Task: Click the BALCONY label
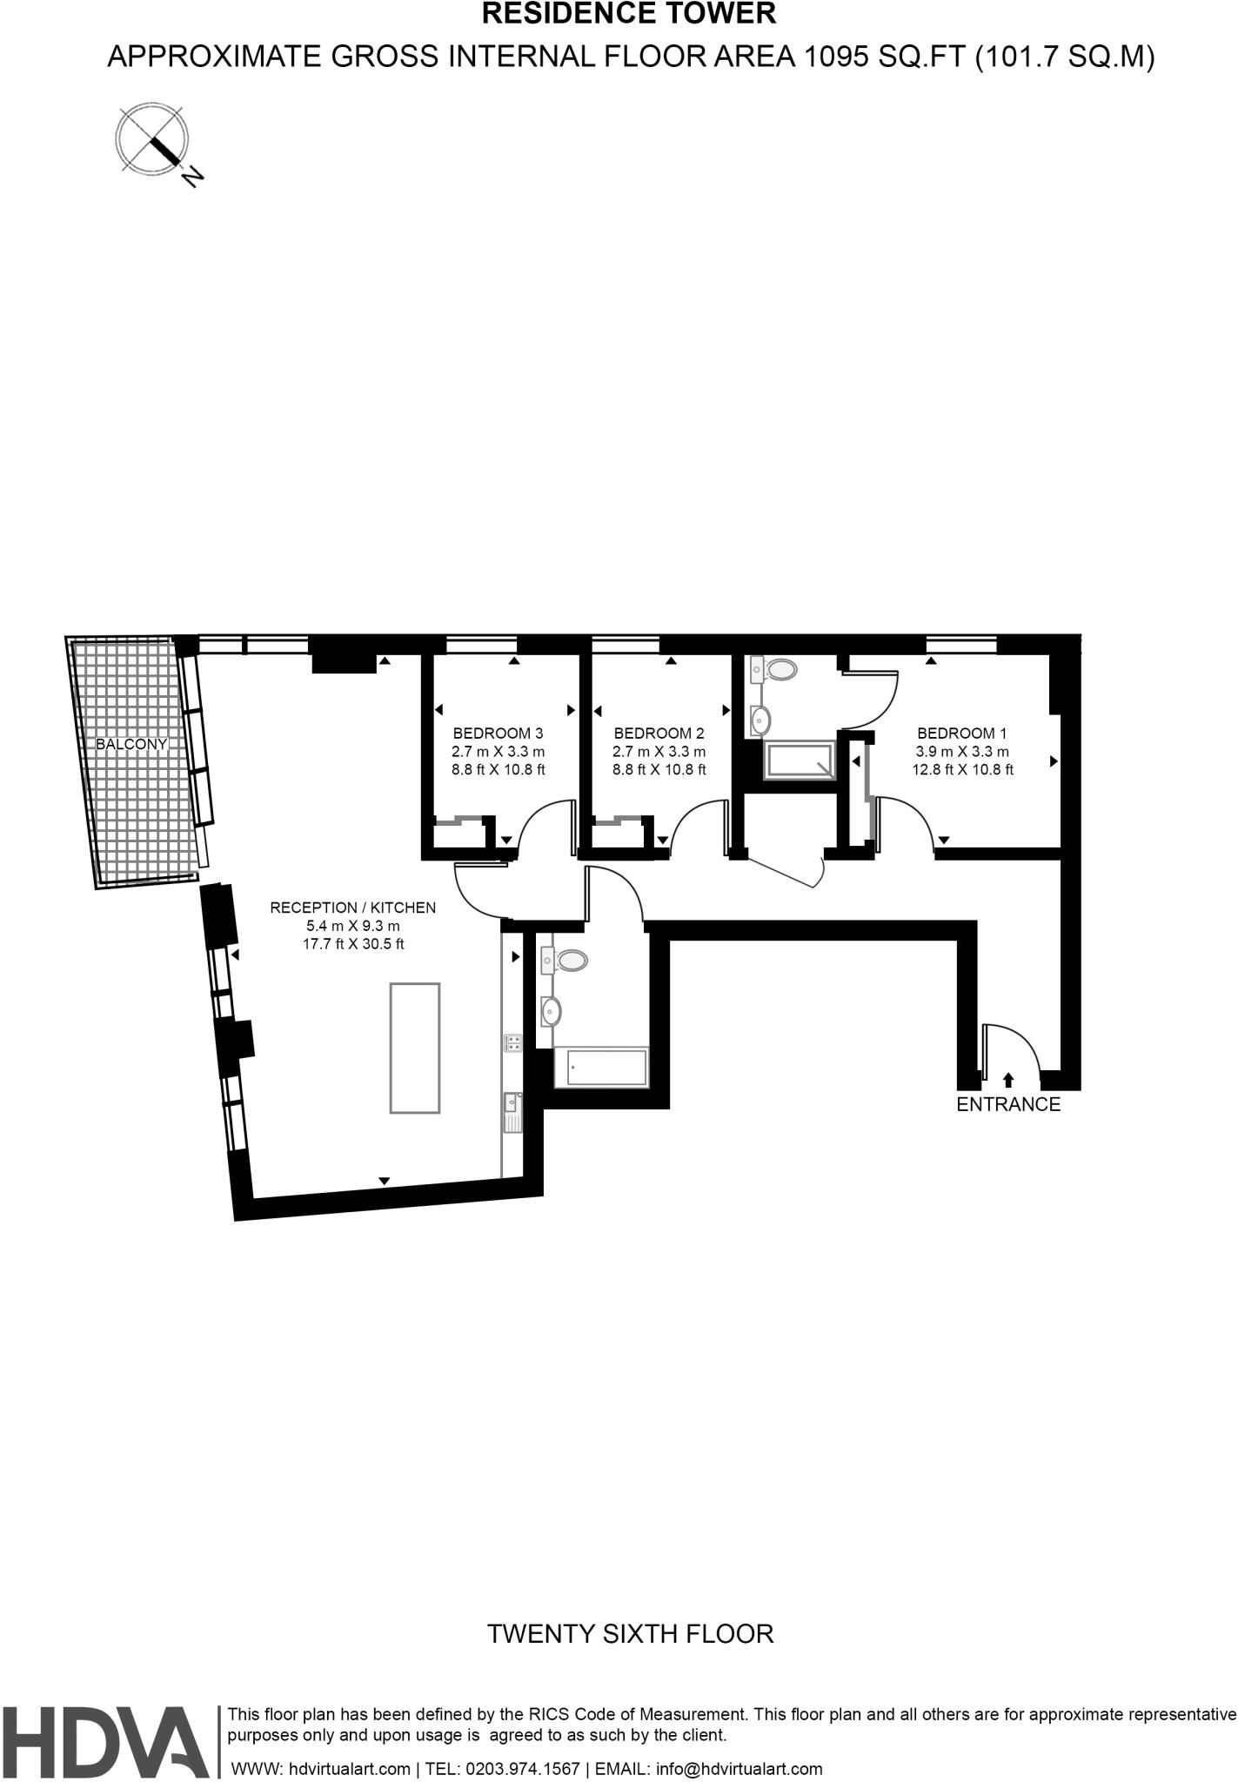pyautogui.click(x=131, y=744)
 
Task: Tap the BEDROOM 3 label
pyautogui.click(x=498, y=733)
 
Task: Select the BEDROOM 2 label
pyautogui.click(x=659, y=733)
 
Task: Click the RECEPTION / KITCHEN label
pyautogui.click(x=352, y=908)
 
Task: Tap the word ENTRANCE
pyautogui.click(x=1008, y=1104)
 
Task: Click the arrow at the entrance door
pyautogui.click(x=1008, y=1080)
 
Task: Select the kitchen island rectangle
pyautogui.click(x=415, y=1048)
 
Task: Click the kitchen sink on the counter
pyautogui.click(x=512, y=1113)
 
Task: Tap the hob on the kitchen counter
pyautogui.click(x=512, y=1042)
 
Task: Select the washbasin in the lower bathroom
pyautogui.click(x=550, y=1011)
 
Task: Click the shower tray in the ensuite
pyautogui.click(x=798, y=760)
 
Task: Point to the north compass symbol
pyautogui.click(x=154, y=140)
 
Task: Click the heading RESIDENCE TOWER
pyautogui.click(x=629, y=13)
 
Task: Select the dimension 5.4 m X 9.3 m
pyautogui.click(x=352, y=926)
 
